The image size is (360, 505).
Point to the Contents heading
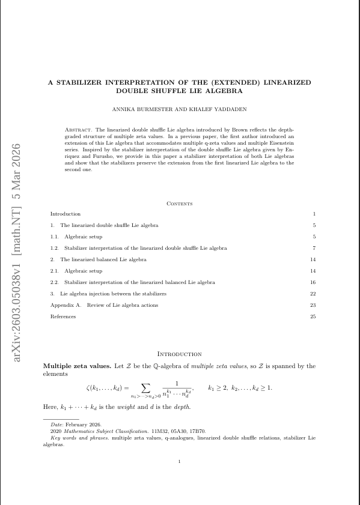180,204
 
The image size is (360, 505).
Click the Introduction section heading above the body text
179,354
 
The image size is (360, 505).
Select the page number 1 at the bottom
180,461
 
